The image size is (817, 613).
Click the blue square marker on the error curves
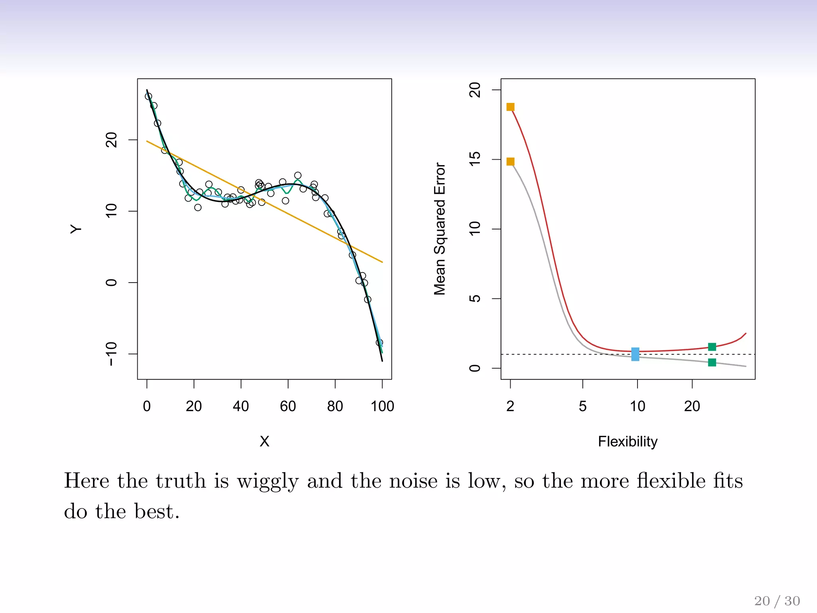635,354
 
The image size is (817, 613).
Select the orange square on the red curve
510,107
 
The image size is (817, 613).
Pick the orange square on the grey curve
510,162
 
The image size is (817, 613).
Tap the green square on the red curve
712,347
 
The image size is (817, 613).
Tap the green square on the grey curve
712,362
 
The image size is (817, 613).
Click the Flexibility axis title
628,441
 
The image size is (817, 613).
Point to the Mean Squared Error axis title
440,229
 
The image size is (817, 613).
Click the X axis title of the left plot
264,441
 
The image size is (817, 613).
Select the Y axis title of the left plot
76,229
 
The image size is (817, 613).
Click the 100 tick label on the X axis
382,406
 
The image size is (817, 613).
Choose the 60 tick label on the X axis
288,406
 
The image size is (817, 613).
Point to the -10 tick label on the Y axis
111,354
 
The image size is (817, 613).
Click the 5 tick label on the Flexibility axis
582,406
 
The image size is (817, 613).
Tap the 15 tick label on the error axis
475,159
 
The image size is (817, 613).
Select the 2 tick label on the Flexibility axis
510,406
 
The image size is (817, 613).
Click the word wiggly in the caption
267,481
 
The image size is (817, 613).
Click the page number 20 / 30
777,601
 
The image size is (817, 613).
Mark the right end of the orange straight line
382,262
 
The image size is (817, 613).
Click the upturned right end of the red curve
745,334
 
